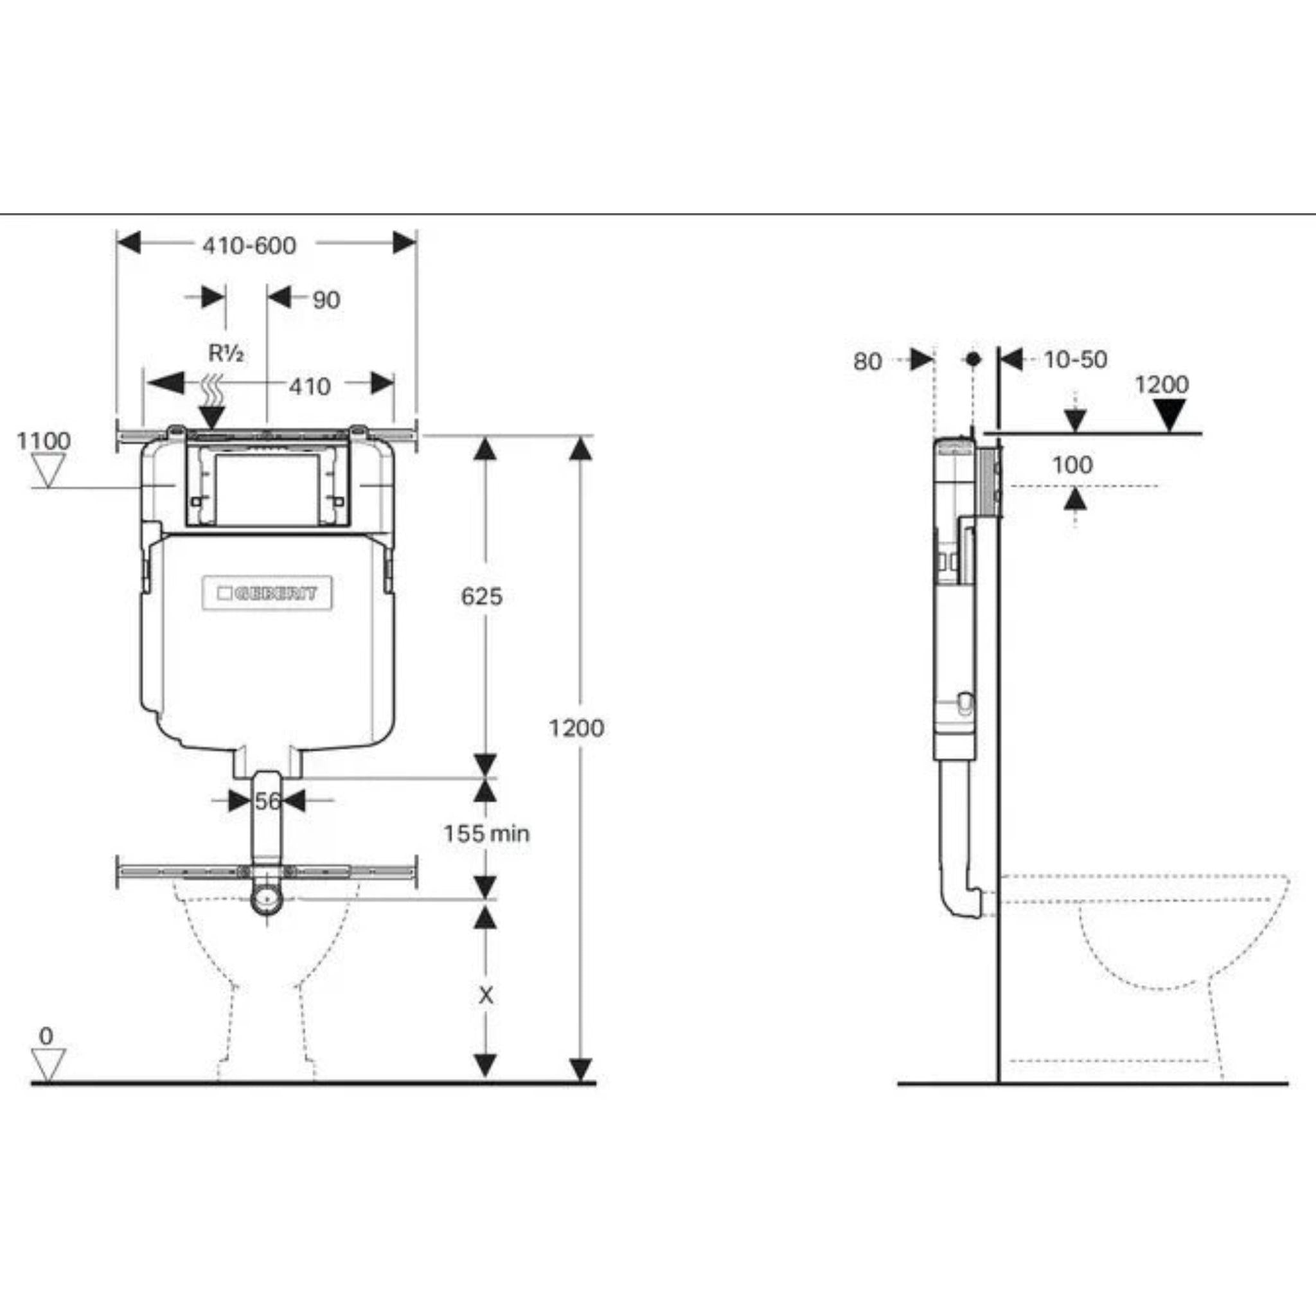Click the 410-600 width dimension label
click(249, 245)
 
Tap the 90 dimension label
click(326, 299)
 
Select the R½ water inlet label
click(226, 353)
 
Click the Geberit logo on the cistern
click(268, 593)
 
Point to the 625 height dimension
click(481, 596)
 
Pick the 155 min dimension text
click(486, 833)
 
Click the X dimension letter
click(485, 996)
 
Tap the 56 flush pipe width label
click(267, 801)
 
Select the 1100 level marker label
click(44, 441)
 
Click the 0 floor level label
click(46, 1036)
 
